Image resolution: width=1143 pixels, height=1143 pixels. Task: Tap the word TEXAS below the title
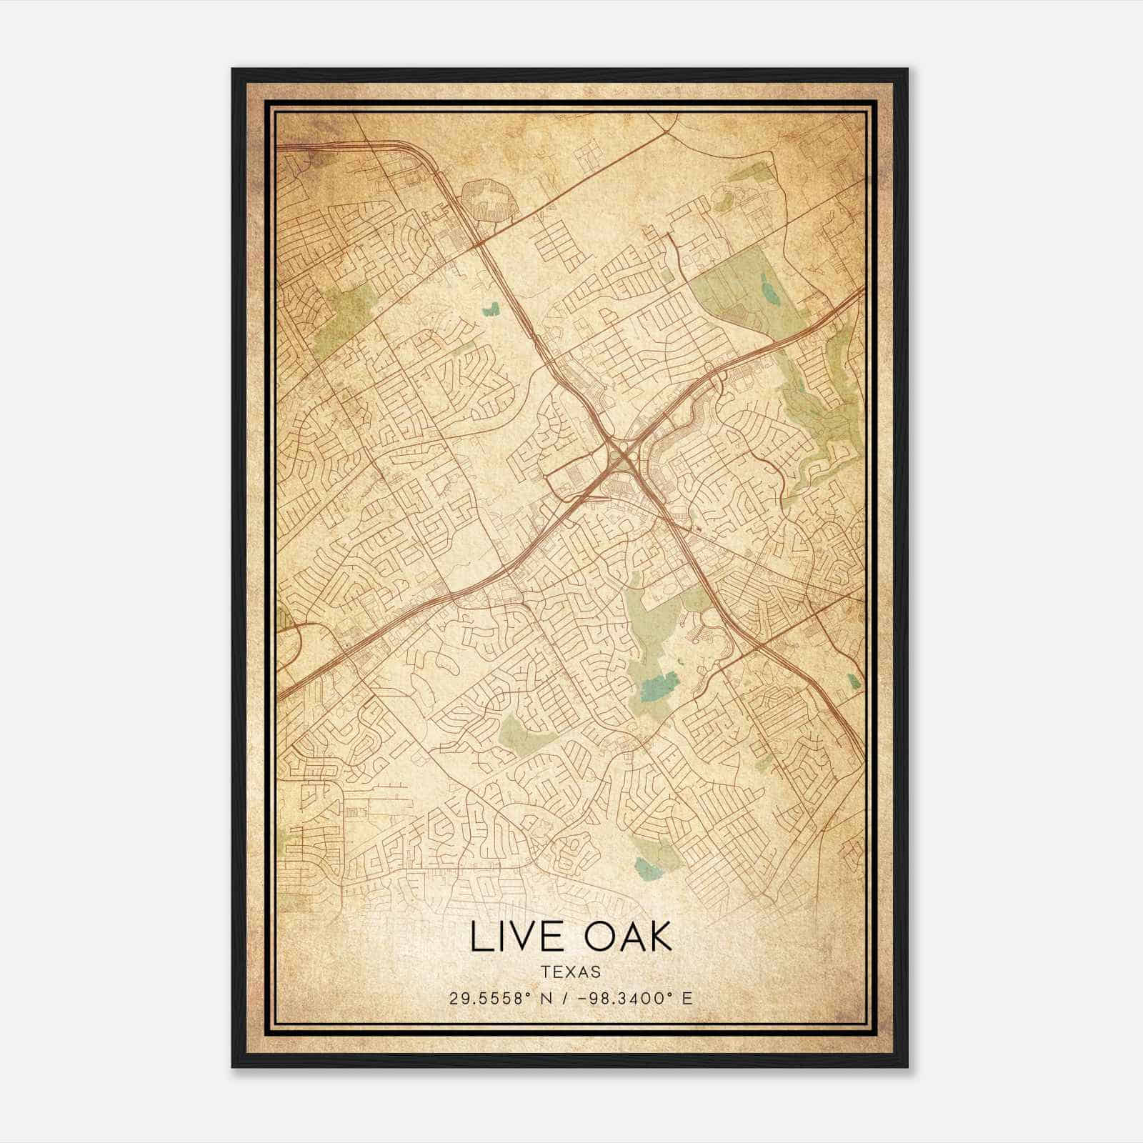[x=571, y=972]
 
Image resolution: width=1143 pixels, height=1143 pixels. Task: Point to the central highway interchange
[x=619, y=452]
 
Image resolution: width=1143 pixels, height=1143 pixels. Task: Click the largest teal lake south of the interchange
[x=658, y=687]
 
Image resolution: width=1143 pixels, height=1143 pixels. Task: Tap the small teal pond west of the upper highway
[x=491, y=309]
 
